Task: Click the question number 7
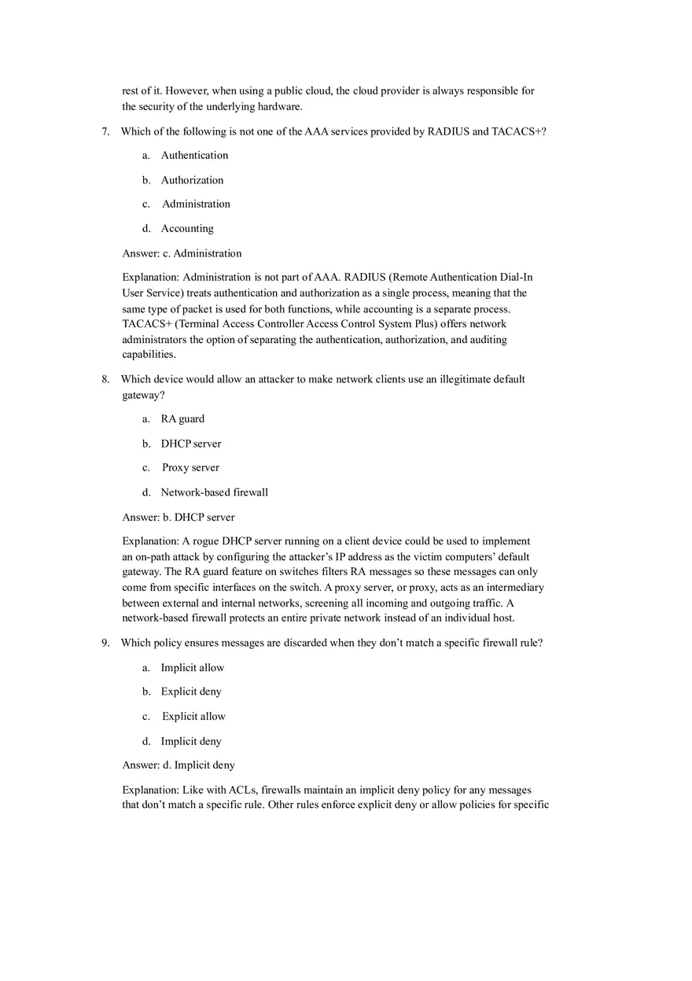point(105,131)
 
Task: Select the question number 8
point(105,379)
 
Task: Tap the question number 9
point(105,643)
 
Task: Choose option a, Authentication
point(194,156)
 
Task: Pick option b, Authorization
point(192,180)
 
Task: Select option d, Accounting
point(187,229)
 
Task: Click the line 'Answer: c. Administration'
point(182,253)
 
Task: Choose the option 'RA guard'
point(182,419)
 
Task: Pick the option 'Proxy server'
point(190,468)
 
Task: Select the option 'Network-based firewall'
point(214,492)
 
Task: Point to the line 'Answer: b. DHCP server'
point(179,518)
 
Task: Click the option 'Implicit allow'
point(193,668)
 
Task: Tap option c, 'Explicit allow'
point(193,717)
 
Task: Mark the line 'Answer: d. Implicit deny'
point(179,765)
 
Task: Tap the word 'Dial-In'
point(516,277)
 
